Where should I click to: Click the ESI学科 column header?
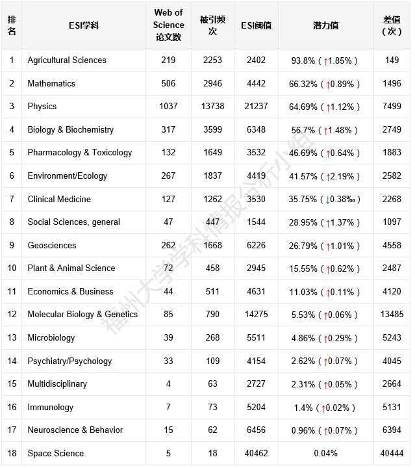pos(84,26)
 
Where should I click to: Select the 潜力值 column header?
pos(325,26)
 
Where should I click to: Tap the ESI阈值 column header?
pos(256,26)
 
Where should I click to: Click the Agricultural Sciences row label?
pos(66,60)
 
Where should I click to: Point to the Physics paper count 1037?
pos(168,107)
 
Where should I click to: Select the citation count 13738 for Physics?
pos(212,107)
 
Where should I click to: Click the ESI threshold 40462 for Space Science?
pos(256,454)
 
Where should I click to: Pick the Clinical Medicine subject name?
pos(59,200)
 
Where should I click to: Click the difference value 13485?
pos(392,315)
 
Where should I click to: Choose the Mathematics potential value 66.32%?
pos(304,84)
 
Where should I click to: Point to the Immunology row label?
pos(50,408)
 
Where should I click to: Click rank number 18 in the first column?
pos(12,454)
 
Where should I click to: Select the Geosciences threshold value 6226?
pos(256,246)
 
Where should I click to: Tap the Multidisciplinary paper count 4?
pos(168,384)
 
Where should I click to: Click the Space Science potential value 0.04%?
pos(325,454)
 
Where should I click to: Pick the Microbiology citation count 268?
pos(212,338)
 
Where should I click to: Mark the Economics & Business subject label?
pos(70,292)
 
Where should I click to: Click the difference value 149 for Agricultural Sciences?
pos(392,60)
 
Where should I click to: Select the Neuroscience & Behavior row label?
pos(75,430)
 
